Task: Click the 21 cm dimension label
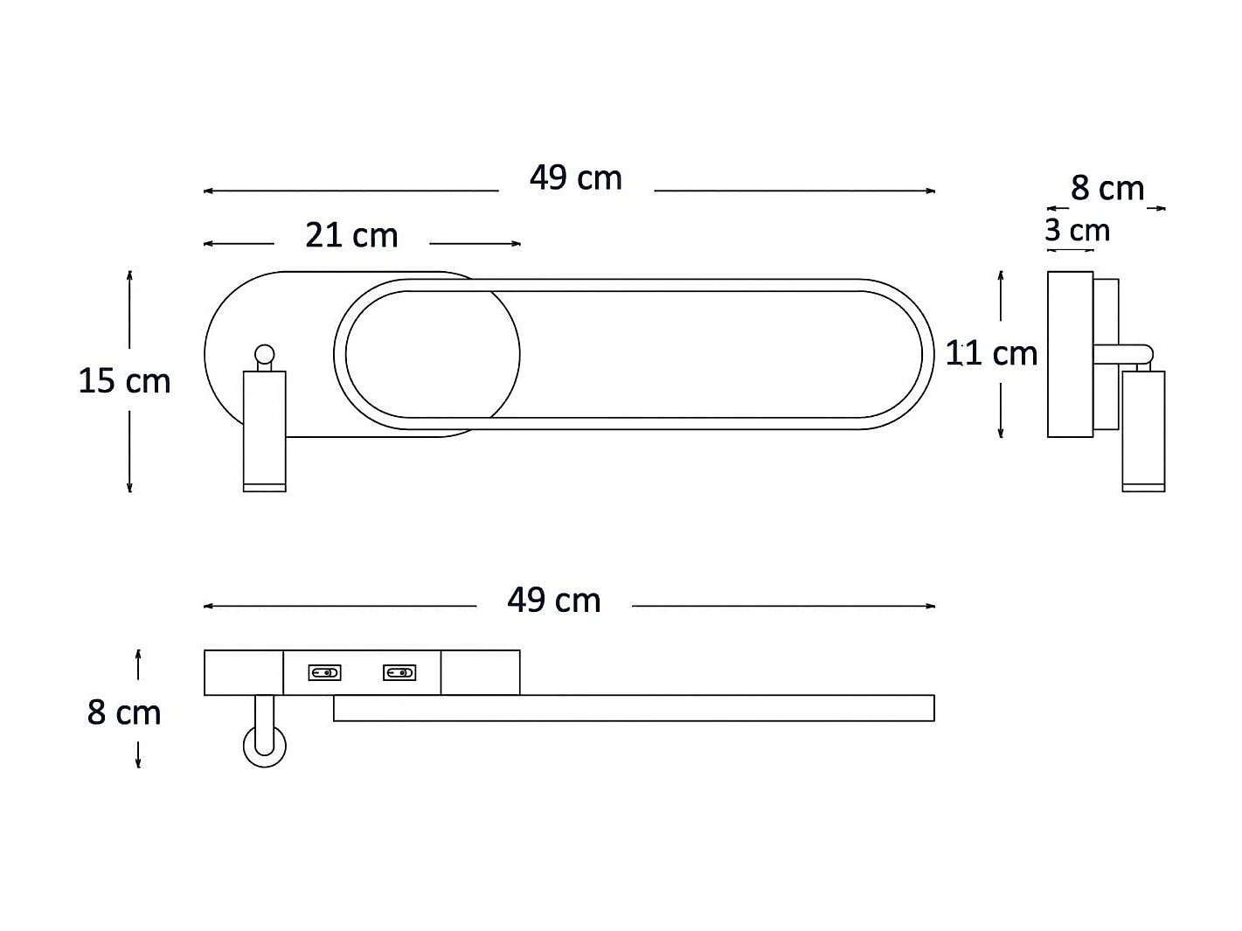[351, 236]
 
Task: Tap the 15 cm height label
[124, 381]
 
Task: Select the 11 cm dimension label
[991, 354]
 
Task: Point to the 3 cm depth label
[1077, 231]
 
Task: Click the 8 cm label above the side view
[1107, 189]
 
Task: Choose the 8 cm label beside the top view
[124, 713]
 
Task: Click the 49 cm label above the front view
[575, 178]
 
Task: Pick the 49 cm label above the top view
[553, 601]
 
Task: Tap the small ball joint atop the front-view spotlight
[264, 355]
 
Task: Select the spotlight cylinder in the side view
[1143, 428]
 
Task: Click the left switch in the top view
[324, 673]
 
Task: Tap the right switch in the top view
[399, 673]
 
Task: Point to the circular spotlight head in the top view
[264, 746]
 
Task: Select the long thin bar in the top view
[634, 708]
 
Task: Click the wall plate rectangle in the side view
[1070, 354]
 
